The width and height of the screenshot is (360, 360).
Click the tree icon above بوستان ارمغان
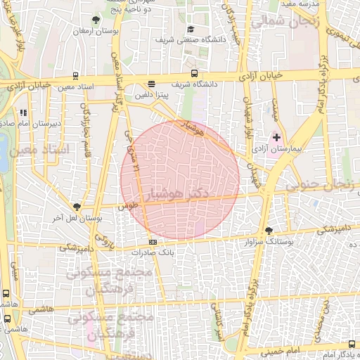[96, 20]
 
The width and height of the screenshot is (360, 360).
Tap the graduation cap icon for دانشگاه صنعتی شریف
[191, 30]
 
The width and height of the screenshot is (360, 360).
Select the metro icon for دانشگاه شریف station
[194, 73]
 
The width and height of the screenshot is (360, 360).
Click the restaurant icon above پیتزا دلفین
[151, 84]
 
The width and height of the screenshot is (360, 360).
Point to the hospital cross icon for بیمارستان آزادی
[276, 137]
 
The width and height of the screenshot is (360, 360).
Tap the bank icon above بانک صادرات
[153, 242]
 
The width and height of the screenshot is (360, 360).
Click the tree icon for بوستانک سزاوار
[269, 231]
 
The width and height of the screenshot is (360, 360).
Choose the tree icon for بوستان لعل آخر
[77, 207]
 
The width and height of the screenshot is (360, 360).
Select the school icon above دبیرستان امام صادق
[23, 112]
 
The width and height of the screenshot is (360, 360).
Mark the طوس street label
[127, 208]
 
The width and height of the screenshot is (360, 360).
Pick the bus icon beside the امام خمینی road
[352, 344]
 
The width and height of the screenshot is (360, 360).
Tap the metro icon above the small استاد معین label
[75, 76]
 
